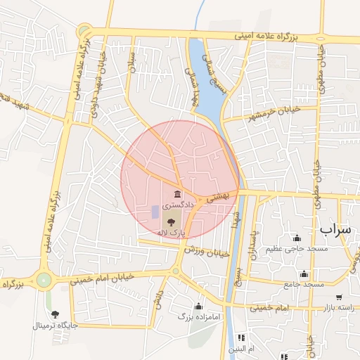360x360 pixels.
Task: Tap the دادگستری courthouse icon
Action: tap(176, 193)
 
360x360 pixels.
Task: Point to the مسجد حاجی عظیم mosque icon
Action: tap(297, 238)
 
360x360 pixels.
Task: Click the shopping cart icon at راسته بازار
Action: tap(339, 297)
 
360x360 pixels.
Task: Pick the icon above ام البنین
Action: tap(242, 337)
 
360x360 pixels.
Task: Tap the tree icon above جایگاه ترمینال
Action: tap(55, 314)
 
